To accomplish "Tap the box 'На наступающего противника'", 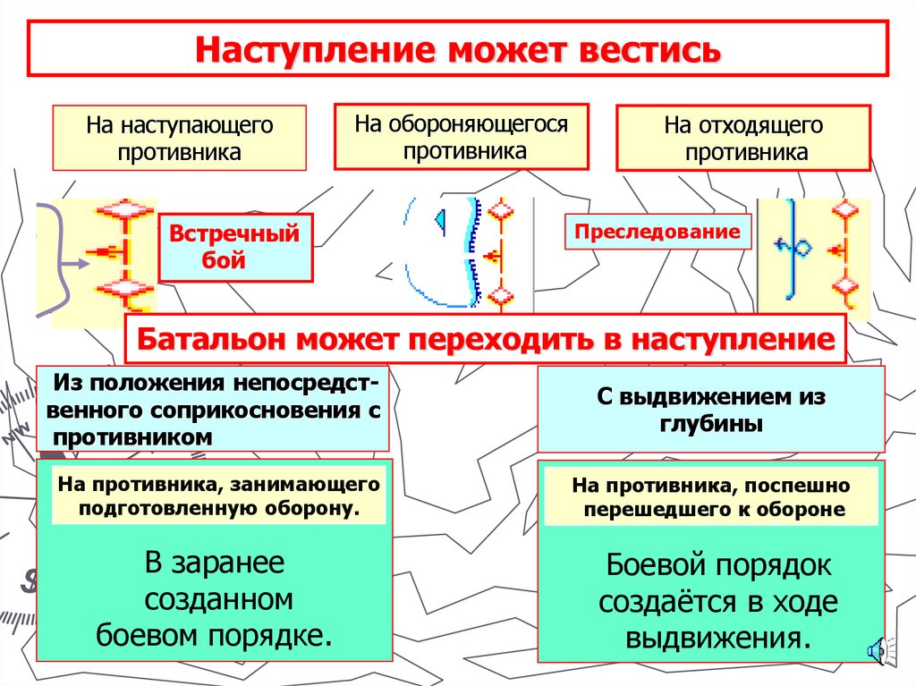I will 179,138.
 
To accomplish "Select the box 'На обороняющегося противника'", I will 461,137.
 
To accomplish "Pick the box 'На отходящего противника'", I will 742,139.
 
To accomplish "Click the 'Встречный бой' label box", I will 234,248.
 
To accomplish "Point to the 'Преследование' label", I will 657,233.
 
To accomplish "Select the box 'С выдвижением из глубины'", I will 710,410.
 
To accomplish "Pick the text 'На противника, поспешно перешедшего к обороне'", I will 711,497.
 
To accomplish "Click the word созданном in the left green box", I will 218,599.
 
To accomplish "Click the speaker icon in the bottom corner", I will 878,651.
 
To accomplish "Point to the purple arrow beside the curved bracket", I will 76,261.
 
